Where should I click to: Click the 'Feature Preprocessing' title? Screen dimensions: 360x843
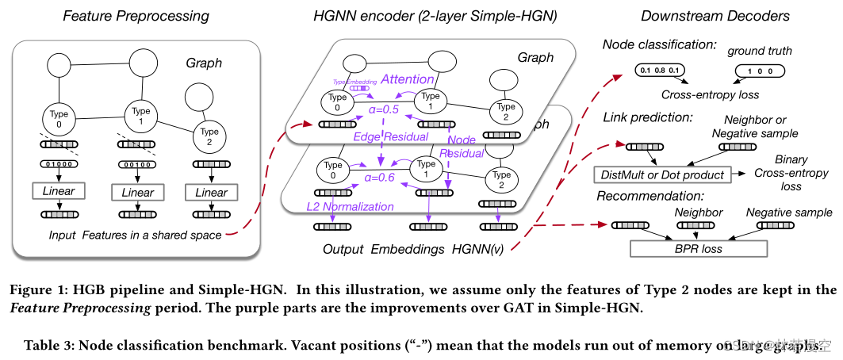[x=136, y=15]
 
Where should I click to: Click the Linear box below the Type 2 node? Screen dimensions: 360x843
[x=211, y=192]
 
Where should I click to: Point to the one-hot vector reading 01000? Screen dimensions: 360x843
[x=59, y=165]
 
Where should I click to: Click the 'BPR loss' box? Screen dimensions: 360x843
[x=698, y=248]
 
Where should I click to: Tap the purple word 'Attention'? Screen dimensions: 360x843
[x=408, y=79]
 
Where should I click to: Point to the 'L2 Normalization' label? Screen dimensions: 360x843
[x=349, y=207]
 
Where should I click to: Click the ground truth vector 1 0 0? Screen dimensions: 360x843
[x=761, y=72]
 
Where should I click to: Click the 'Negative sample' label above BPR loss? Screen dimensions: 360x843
[x=789, y=212]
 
